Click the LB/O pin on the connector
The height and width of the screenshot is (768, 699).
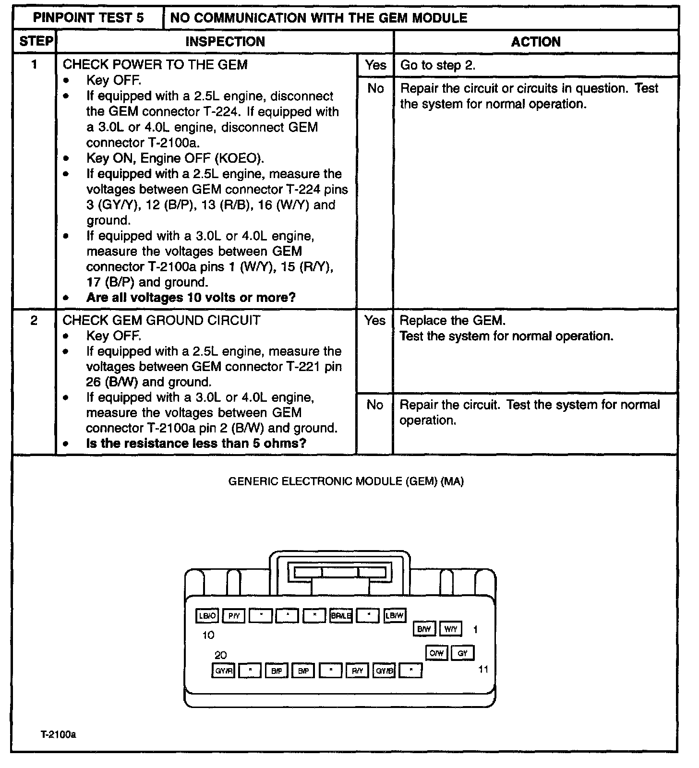[x=207, y=616]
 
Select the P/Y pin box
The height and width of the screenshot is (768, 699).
[x=234, y=616]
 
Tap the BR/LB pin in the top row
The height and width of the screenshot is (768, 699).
[x=341, y=616]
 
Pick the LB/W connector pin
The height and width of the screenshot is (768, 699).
[x=395, y=616]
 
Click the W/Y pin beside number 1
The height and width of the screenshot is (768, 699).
[x=451, y=629]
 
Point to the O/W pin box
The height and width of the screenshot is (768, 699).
[x=436, y=653]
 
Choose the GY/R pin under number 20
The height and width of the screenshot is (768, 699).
[x=223, y=671]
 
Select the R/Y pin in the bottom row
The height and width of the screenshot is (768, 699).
[x=357, y=671]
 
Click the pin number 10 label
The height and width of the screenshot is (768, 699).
[x=208, y=635]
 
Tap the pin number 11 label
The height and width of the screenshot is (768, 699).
[x=483, y=669]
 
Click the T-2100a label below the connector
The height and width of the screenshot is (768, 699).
[x=58, y=735]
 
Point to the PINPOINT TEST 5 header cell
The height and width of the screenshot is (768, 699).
[x=88, y=18]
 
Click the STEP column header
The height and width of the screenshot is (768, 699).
[x=36, y=42]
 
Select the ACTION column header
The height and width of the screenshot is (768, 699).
[x=536, y=42]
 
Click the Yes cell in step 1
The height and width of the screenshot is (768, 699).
[x=375, y=65]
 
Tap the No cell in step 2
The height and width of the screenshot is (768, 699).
[x=374, y=405]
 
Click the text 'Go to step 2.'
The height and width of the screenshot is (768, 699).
[x=438, y=65]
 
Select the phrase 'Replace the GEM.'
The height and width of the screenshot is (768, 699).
[x=453, y=321]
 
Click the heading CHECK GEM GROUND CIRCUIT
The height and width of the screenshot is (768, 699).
[x=162, y=321]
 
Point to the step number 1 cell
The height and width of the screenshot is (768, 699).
[x=35, y=65]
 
